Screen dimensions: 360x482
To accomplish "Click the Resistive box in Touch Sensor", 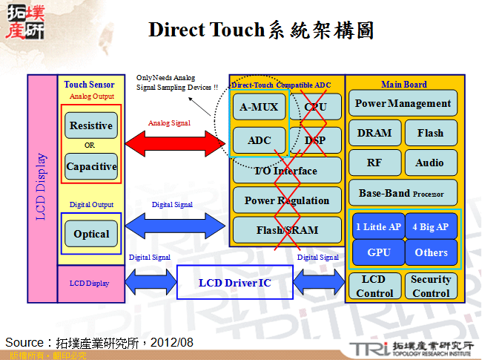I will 91,125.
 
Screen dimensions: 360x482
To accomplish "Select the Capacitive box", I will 91,166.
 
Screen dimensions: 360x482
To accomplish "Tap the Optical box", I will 91,234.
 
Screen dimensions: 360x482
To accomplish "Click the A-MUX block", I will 259,107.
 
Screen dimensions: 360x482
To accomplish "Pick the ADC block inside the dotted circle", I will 259,140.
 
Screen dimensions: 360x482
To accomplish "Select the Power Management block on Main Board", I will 403,104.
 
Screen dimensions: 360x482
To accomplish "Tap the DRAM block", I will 374,133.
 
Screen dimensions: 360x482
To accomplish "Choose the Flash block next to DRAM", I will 430,133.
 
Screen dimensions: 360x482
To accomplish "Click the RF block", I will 374,163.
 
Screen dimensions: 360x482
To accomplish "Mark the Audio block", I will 430,163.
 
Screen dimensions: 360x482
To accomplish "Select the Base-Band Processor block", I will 403,193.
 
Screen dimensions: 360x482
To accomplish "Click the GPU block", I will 378,252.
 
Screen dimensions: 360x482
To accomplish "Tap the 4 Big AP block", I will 431,226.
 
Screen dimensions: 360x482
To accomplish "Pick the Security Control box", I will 431,286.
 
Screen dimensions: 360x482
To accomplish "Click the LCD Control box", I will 374,286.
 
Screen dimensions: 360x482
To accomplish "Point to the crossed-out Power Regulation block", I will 286,200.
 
